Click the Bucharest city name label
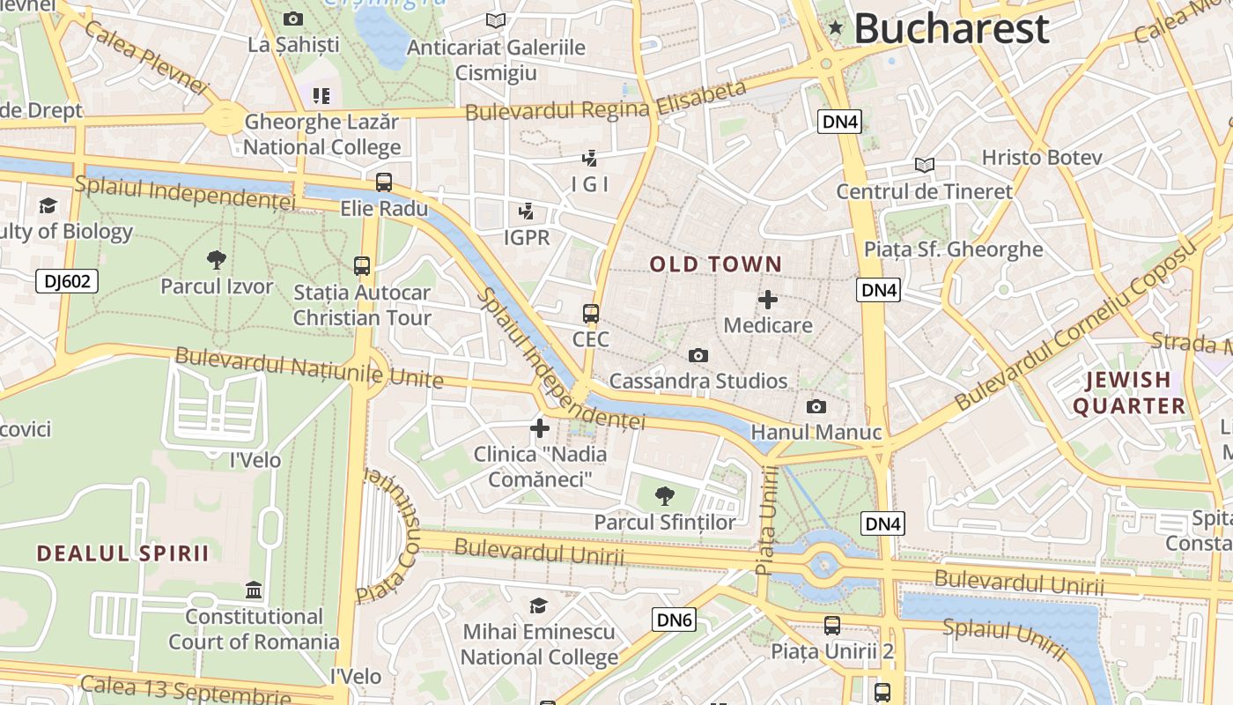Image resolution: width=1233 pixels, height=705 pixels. [951, 28]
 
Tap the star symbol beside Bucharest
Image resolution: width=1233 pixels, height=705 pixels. [836, 28]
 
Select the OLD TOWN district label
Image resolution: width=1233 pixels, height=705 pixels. [715, 263]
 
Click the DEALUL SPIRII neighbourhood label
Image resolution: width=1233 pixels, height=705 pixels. [123, 553]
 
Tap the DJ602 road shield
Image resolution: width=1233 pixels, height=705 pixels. [67, 281]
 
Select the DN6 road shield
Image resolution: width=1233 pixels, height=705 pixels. [674, 620]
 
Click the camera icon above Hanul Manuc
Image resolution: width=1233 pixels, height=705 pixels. [816, 406]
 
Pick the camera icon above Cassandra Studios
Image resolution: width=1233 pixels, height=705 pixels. [698, 355]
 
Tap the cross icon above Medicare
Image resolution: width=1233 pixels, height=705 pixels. [768, 299]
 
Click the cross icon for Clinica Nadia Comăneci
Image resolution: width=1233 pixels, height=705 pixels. [540, 428]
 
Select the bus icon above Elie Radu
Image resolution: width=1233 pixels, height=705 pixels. [384, 182]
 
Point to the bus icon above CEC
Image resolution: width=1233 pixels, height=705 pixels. [591, 313]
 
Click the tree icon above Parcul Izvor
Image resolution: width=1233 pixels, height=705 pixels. [217, 259]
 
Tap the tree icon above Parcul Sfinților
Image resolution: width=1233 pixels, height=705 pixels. [665, 495]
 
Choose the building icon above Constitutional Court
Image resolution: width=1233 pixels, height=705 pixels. [254, 590]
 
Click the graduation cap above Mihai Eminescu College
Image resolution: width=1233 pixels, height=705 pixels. [538, 605]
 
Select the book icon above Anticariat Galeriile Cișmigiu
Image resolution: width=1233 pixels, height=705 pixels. [496, 19]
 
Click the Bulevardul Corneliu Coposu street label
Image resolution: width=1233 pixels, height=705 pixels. [1078, 325]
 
